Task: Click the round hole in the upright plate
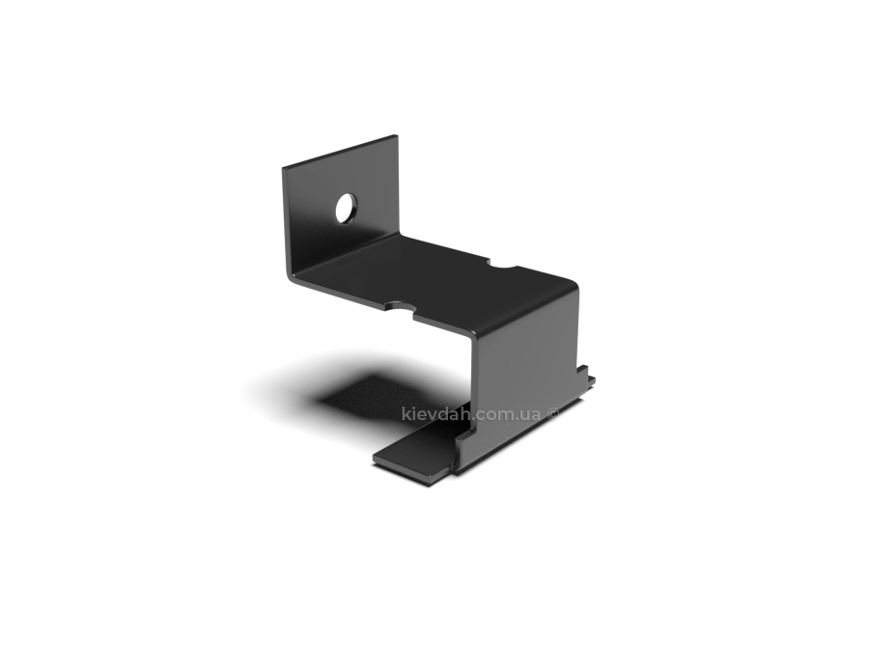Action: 346,208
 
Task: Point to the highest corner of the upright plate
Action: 396,134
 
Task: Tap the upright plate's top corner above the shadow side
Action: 283,167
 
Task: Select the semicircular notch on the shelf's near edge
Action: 400,306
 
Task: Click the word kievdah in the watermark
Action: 436,413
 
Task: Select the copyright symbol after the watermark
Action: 553,413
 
